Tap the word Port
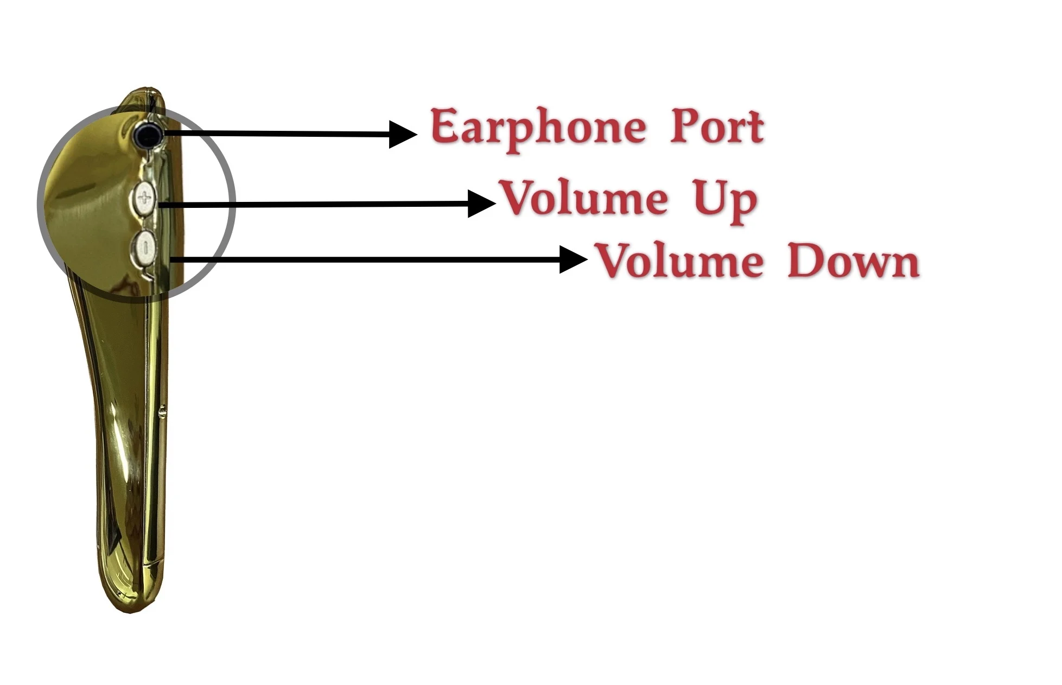(717, 126)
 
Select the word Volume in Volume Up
(584, 198)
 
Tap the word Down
(853, 261)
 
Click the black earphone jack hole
(148, 134)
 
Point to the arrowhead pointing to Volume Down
(573, 259)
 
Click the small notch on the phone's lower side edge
(161, 414)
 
